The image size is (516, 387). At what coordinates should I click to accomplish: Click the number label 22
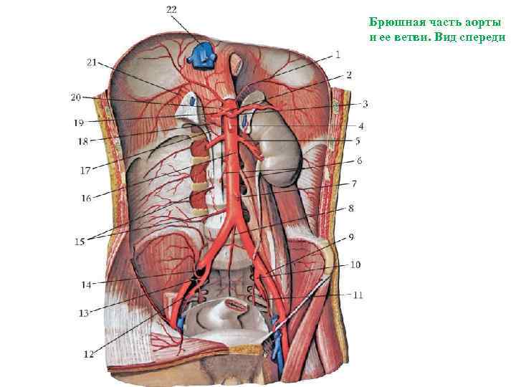(172, 9)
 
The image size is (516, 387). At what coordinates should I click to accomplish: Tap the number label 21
(91, 62)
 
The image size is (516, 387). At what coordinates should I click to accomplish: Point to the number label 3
(364, 104)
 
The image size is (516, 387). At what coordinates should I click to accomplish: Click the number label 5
(358, 141)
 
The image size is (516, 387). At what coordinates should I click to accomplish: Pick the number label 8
(351, 208)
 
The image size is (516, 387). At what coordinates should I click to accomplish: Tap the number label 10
(355, 264)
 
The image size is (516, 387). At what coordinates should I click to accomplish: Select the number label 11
(358, 294)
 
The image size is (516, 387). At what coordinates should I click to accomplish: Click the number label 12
(88, 353)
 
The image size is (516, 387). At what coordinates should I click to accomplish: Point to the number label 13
(85, 312)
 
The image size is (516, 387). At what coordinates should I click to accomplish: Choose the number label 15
(79, 242)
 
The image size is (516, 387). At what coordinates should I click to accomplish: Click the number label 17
(85, 171)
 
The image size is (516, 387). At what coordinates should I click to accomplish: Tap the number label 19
(78, 123)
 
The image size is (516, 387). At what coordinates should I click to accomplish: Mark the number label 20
(77, 97)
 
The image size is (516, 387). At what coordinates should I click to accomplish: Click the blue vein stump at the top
(203, 54)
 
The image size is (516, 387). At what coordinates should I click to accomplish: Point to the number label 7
(353, 184)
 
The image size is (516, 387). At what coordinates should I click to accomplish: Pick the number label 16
(86, 199)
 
